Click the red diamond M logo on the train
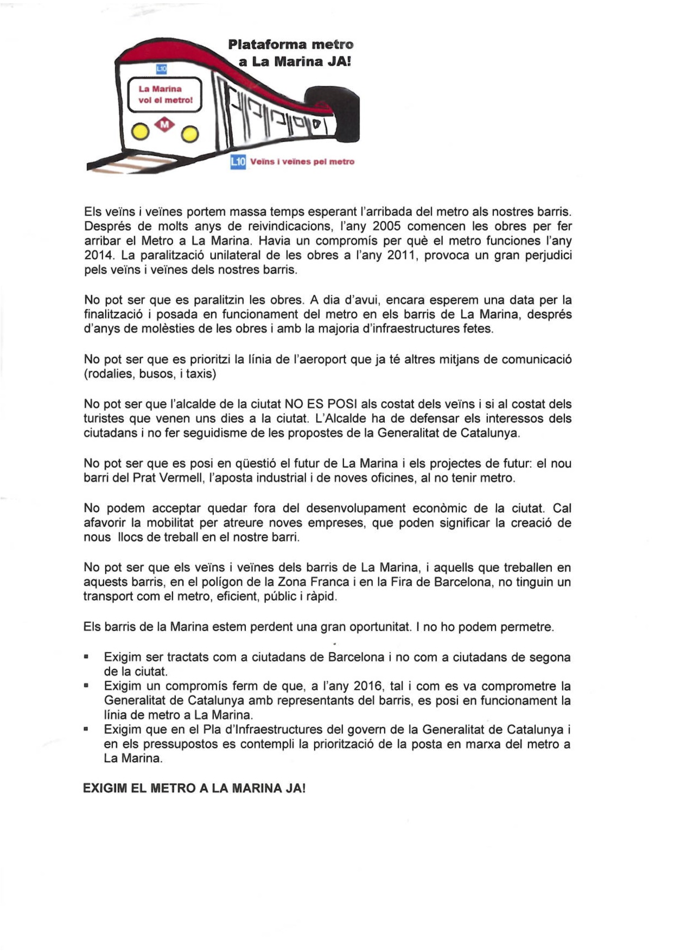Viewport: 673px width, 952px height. point(164,125)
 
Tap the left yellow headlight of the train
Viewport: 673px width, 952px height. point(140,131)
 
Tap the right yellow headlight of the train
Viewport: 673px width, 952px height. point(190,134)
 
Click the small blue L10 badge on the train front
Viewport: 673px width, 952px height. point(161,69)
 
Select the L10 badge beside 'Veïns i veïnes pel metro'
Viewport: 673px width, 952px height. point(238,161)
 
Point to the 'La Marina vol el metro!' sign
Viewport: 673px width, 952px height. point(165,94)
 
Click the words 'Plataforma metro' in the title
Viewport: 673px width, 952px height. point(290,45)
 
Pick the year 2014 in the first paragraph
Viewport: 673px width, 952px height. point(97,255)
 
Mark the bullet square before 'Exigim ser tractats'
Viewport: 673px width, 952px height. point(86,657)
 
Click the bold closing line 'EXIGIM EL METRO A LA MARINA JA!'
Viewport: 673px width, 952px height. point(194,788)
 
